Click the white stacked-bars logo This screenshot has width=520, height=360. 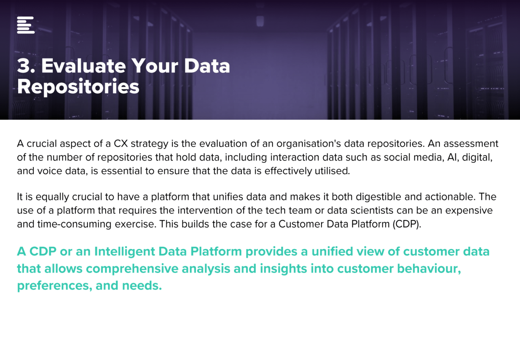[26, 25]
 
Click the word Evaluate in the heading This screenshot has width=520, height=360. [84, 66]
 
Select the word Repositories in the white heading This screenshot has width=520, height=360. [78, 87]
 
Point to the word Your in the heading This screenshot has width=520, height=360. [155, 66]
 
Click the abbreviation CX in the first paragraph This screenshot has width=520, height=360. [121, 144]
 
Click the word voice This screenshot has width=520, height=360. [49, 171]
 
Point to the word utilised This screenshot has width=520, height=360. [332, 171]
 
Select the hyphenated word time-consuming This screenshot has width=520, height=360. [74, 225]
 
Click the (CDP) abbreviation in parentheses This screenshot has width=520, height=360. [407, 224]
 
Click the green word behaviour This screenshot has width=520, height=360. [429, 268]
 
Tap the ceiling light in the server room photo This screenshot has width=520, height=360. [260, 21]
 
